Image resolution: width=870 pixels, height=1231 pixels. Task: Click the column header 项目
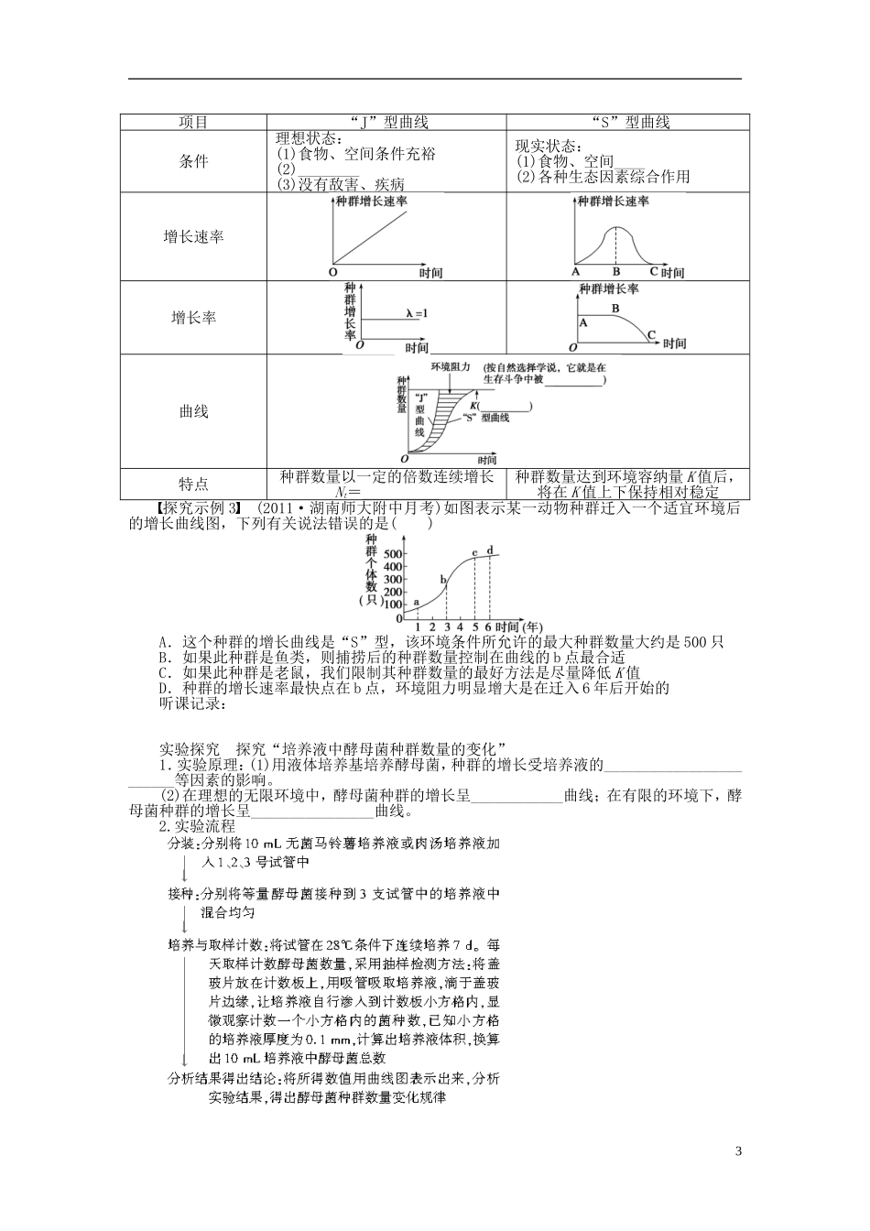193,122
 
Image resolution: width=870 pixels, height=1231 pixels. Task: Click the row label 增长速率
193,236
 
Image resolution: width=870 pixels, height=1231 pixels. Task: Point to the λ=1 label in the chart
418,314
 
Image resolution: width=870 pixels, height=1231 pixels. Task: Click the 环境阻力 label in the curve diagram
450,366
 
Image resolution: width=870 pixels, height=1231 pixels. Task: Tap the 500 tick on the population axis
393,555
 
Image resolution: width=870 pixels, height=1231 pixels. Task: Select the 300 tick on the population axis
393,580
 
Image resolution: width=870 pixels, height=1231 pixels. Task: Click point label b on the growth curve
443,580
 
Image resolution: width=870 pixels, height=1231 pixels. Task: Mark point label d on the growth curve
490,550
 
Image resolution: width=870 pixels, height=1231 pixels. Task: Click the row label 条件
193,161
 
